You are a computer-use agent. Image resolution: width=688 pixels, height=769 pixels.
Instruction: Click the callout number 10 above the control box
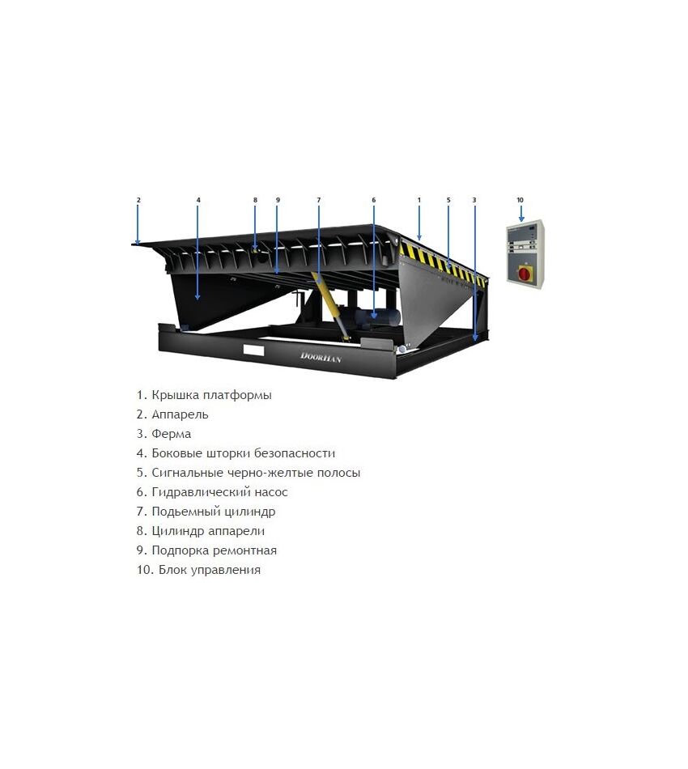520,200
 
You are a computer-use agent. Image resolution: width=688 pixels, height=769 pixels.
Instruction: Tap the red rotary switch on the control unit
525,273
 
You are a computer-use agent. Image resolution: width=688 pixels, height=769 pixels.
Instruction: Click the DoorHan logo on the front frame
321,357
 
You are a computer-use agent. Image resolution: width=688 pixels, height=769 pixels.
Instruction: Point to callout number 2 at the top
138,200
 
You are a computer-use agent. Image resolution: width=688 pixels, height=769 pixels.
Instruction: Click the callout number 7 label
319,200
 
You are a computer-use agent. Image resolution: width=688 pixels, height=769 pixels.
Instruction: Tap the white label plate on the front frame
253,351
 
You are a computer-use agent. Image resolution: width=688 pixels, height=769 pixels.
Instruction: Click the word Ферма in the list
171,434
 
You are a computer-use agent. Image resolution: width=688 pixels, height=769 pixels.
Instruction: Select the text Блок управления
210,569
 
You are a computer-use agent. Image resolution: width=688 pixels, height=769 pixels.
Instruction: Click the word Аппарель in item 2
180,414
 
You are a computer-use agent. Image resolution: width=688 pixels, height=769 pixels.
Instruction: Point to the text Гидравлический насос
219,492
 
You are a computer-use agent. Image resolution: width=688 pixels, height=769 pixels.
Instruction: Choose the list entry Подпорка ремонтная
214,550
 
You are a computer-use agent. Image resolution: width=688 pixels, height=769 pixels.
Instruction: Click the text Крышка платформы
211,395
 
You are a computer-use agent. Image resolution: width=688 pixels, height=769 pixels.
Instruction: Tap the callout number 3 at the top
474,200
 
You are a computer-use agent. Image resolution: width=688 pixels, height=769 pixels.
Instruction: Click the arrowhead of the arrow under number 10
520,219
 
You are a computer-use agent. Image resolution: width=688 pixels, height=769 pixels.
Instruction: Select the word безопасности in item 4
295,453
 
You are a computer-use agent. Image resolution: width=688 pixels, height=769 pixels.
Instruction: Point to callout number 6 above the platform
374,200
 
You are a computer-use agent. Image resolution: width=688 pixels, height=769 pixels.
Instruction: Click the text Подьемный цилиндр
214,512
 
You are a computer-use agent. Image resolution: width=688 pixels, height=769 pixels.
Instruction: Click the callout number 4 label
198,200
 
